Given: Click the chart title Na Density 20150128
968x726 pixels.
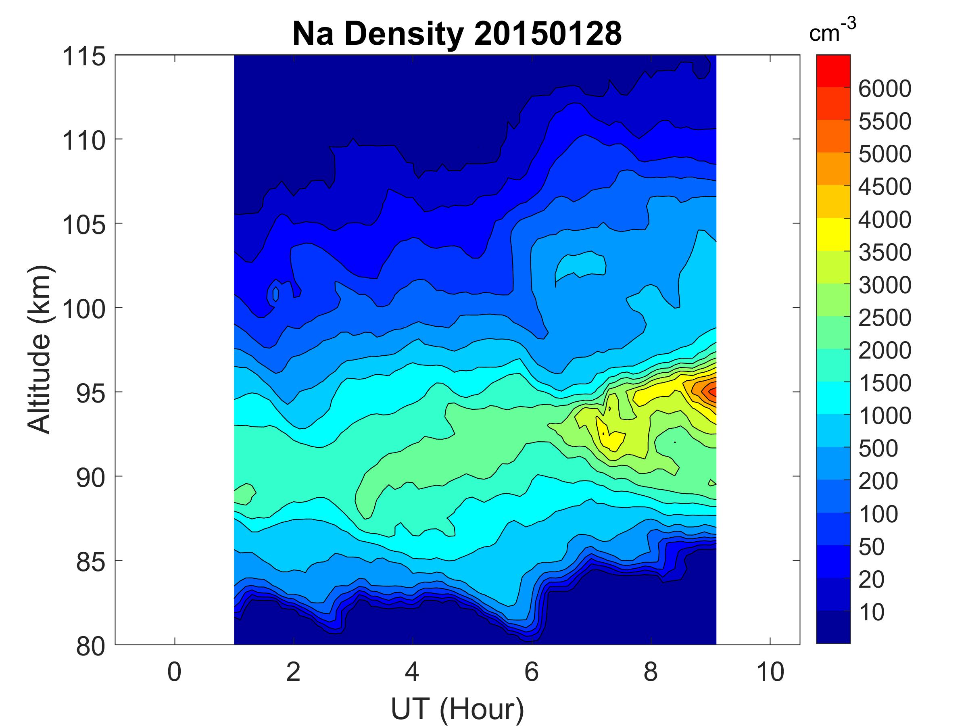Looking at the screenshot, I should tap(457, 34).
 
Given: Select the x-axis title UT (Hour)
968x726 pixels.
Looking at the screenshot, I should tap(457, 709).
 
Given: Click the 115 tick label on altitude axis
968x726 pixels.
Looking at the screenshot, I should tap(84, 57).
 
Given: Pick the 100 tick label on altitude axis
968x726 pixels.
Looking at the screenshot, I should tap(84, 309).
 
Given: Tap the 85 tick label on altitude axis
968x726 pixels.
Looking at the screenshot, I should tap(91, 562).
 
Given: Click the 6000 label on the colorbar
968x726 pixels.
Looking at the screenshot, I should tap(885, 89).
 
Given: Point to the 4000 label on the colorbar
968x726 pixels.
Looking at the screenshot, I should tap(885, 220).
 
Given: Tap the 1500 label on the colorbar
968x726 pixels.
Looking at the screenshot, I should tap(885, 383).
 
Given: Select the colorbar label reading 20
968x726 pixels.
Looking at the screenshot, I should tap(871, 580).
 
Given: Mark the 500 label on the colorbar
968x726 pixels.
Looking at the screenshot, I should tap(878, 449).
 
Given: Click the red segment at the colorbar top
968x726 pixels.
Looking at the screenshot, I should tap(833, 71).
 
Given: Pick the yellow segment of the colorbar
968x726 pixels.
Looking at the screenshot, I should tap(833, 234).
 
